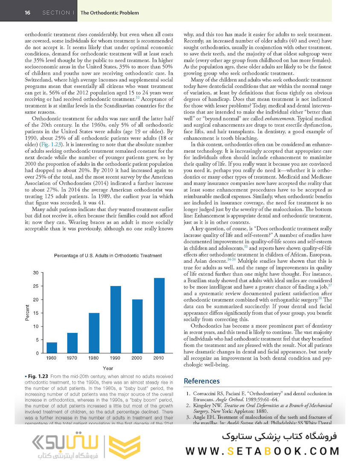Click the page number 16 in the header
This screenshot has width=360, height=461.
pos(27,12)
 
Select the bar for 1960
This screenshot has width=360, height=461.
pos(51,347)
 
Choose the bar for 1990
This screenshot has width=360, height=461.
pos(116,319)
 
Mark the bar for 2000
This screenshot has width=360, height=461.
pos(137,326)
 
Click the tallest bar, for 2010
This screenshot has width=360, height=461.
pos(159,315)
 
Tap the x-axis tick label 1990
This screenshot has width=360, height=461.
pos(116,358)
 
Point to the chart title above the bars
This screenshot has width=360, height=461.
pos(108,256)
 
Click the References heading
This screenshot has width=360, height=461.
pos(201,381)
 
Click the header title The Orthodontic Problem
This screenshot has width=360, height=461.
pos(109,13)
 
